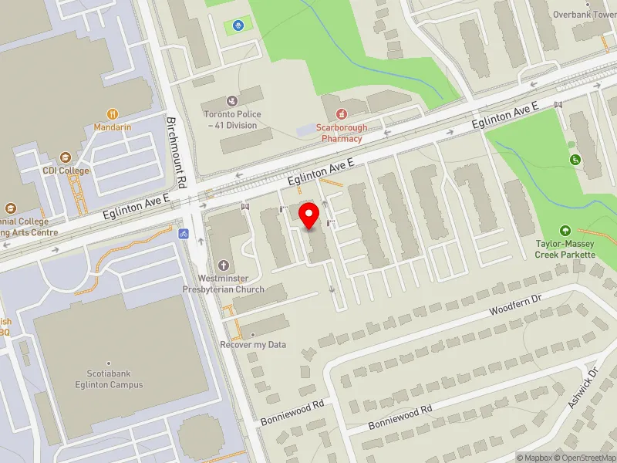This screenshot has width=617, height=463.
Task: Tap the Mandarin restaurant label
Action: pos(113,127)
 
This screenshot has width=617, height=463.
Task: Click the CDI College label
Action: pos(66,171)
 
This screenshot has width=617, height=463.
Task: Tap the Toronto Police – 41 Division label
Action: pos(232,120)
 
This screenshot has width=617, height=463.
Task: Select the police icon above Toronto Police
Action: pos(232,101)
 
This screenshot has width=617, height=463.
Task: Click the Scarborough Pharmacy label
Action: pos(342,133)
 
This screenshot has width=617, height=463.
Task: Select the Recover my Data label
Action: pos(253,344)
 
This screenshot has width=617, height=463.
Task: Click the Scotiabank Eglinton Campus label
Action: pos(110,380)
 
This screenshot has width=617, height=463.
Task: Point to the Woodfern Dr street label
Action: pos(517,306)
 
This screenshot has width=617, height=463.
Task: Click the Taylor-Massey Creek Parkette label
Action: pos(566,249)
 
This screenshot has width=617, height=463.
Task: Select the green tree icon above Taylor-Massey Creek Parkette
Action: pos(565,231)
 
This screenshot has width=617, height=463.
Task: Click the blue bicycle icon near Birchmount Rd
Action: pos(184,233)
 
